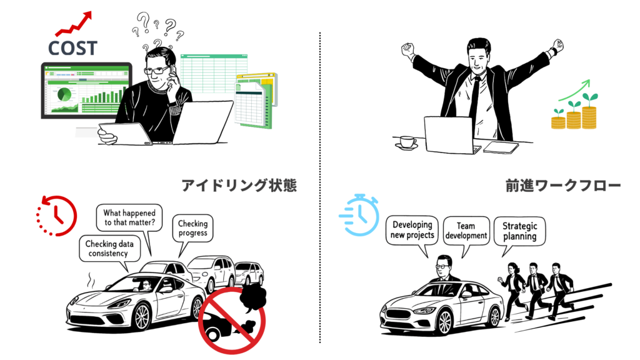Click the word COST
(72, 48)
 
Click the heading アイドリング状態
(239, 186)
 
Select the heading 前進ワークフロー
(563, 186)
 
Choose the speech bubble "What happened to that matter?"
(129, 218)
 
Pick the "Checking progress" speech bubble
(192, 229)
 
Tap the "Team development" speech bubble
(466, 231)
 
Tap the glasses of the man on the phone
(156, 71)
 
